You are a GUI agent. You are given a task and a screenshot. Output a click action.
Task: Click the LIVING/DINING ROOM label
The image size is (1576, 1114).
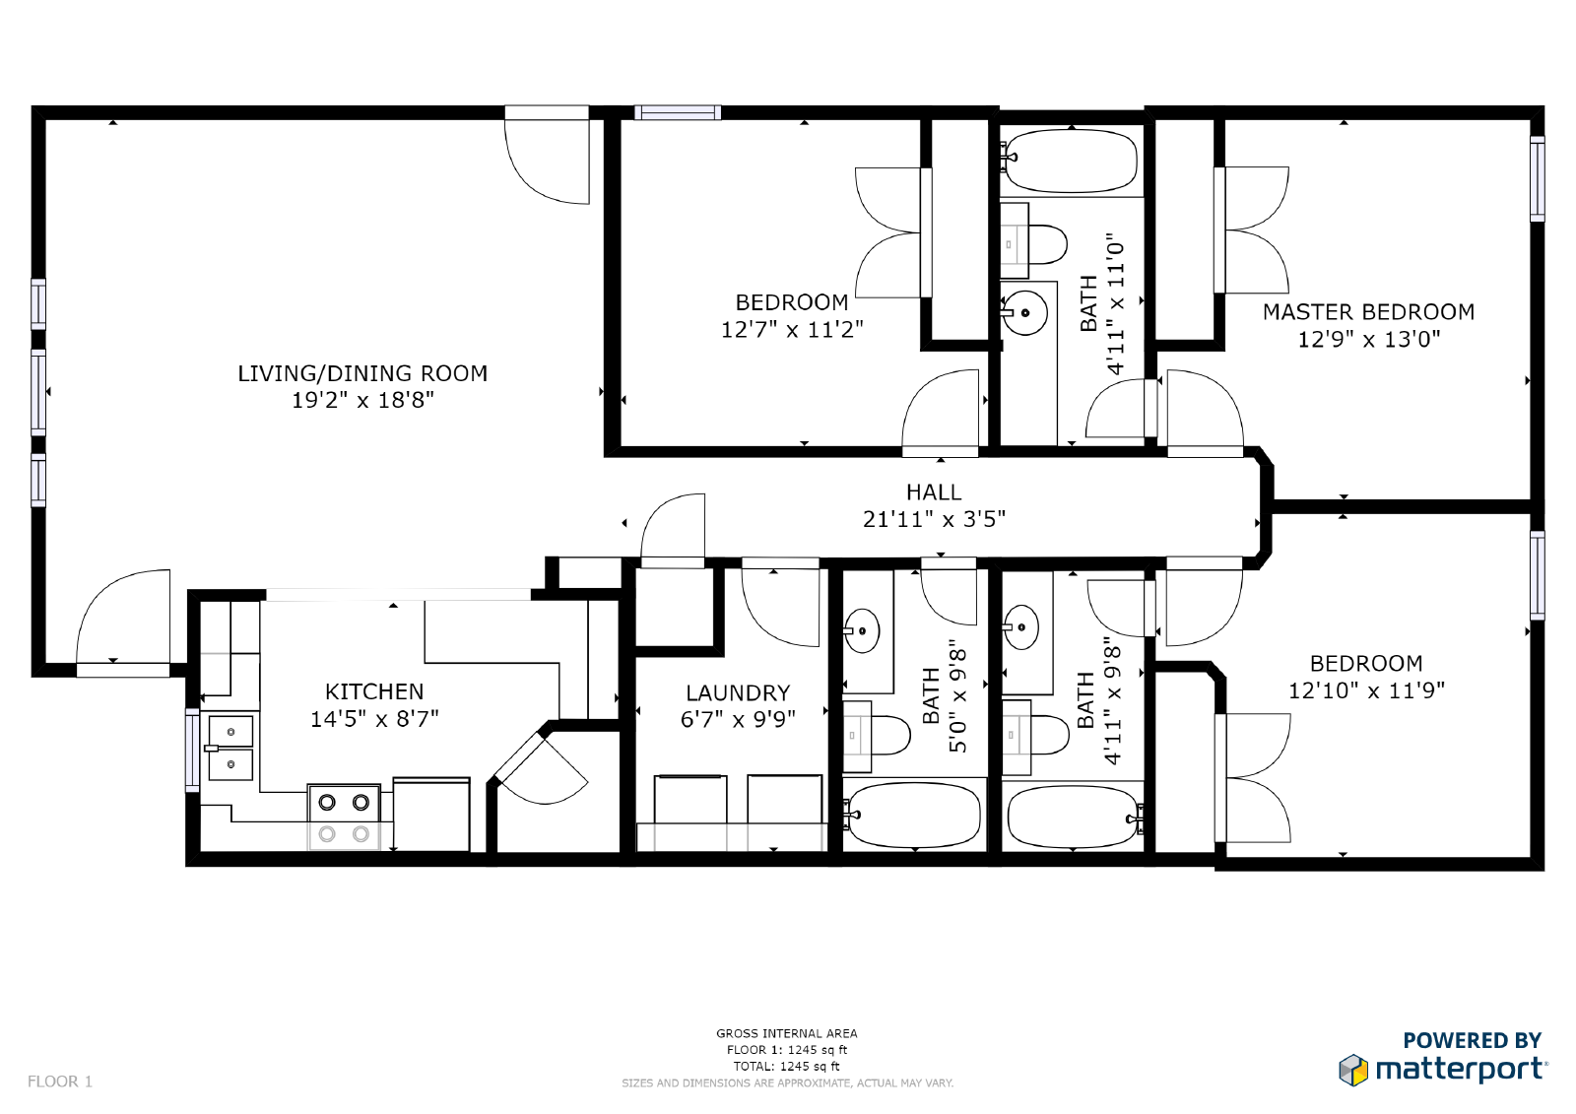click(x=362, y=374)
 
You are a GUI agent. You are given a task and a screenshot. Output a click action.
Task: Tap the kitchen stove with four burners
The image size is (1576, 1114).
click(x=344, y=818)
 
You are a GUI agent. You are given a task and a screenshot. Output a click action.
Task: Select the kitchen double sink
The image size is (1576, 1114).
click(x=230, y=749)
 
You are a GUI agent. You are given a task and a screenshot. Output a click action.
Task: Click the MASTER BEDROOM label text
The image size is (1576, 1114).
click(x=1368, y=312)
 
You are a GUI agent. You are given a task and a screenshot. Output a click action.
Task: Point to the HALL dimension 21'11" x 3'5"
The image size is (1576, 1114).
click(x=934, y=519)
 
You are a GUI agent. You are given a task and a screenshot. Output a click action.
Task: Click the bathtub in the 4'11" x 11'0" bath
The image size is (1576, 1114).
click(x=1071, y=161)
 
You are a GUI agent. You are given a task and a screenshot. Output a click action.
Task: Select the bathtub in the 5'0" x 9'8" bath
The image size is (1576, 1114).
click(x=915, y=815)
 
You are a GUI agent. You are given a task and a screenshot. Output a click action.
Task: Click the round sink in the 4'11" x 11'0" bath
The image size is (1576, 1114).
click(x=1025, y=313)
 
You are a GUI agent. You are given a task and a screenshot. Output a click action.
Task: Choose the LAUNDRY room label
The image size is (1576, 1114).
click(x=738, y=693)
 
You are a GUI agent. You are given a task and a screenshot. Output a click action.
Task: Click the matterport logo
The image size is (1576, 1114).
click(x=1443, y=1068)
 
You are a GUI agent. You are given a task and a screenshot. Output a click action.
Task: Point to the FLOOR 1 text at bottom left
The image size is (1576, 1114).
click(x=60, y=1081)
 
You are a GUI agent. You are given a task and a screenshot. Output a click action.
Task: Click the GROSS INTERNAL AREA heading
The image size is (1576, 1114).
click(x=786, y=1033)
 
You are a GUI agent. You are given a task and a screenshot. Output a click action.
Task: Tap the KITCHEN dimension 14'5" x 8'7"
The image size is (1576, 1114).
click(x=374, y=719)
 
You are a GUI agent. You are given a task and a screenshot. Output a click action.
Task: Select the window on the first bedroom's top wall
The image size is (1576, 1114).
click(x=677, y=113)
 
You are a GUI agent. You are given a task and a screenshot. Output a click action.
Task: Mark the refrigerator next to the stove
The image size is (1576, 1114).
click(x=431, y=815)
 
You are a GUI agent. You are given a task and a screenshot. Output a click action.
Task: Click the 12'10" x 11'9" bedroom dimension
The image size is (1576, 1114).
click(x=1366, y=690)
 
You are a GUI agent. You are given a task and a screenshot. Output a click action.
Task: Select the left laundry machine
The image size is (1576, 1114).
click(x=690, y=800)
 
